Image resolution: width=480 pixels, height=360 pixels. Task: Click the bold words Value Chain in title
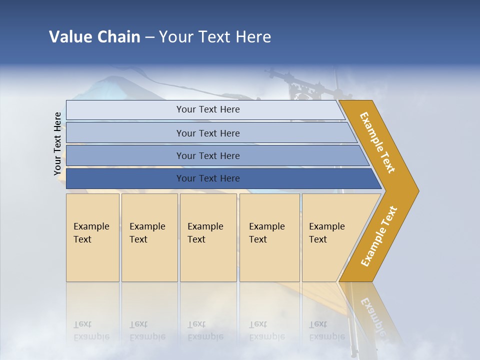click(x=94, y=36)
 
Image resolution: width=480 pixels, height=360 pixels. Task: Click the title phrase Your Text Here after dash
click(x=215, y=36)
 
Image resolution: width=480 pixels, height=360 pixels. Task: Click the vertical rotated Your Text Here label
click(x=57, y=143)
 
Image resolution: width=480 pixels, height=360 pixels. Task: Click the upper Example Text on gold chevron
click(x=377, y=142)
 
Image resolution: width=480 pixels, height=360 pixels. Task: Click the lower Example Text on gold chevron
click(x=378, y=236)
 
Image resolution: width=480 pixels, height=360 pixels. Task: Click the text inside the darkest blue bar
click(x=208, y=178)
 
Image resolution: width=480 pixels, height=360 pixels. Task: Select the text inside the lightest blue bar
click(x=208, y=109)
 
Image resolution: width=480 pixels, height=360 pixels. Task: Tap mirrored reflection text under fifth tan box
click(x=326, y=330)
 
